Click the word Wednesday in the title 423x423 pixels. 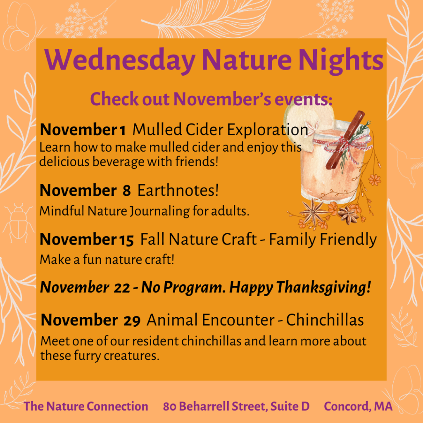[120, 60]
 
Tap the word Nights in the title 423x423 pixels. [341, 60]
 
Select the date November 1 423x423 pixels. [83, 130]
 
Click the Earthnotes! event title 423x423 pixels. [178, 190]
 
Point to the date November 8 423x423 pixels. [85, 190]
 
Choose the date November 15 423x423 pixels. [87, 239]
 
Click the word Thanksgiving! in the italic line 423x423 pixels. [323, 288]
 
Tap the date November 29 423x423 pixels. [90, 320]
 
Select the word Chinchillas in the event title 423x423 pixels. [325, 320]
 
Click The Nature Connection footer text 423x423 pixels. [86, 406]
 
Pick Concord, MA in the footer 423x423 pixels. [358, 406]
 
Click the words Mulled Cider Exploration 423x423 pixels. [221, 130]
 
